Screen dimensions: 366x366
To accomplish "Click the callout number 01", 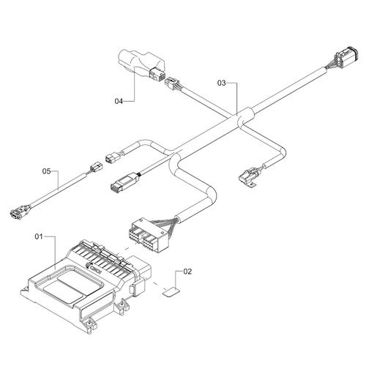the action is coord(39,236).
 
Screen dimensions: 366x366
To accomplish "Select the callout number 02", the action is coord(187,272).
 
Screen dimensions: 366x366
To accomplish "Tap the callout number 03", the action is coord(222,83).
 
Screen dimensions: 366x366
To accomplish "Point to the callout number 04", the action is coord(119,101).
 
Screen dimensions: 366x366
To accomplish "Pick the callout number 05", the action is coord(46,171).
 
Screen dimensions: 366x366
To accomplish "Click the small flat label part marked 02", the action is coord(171,291).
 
